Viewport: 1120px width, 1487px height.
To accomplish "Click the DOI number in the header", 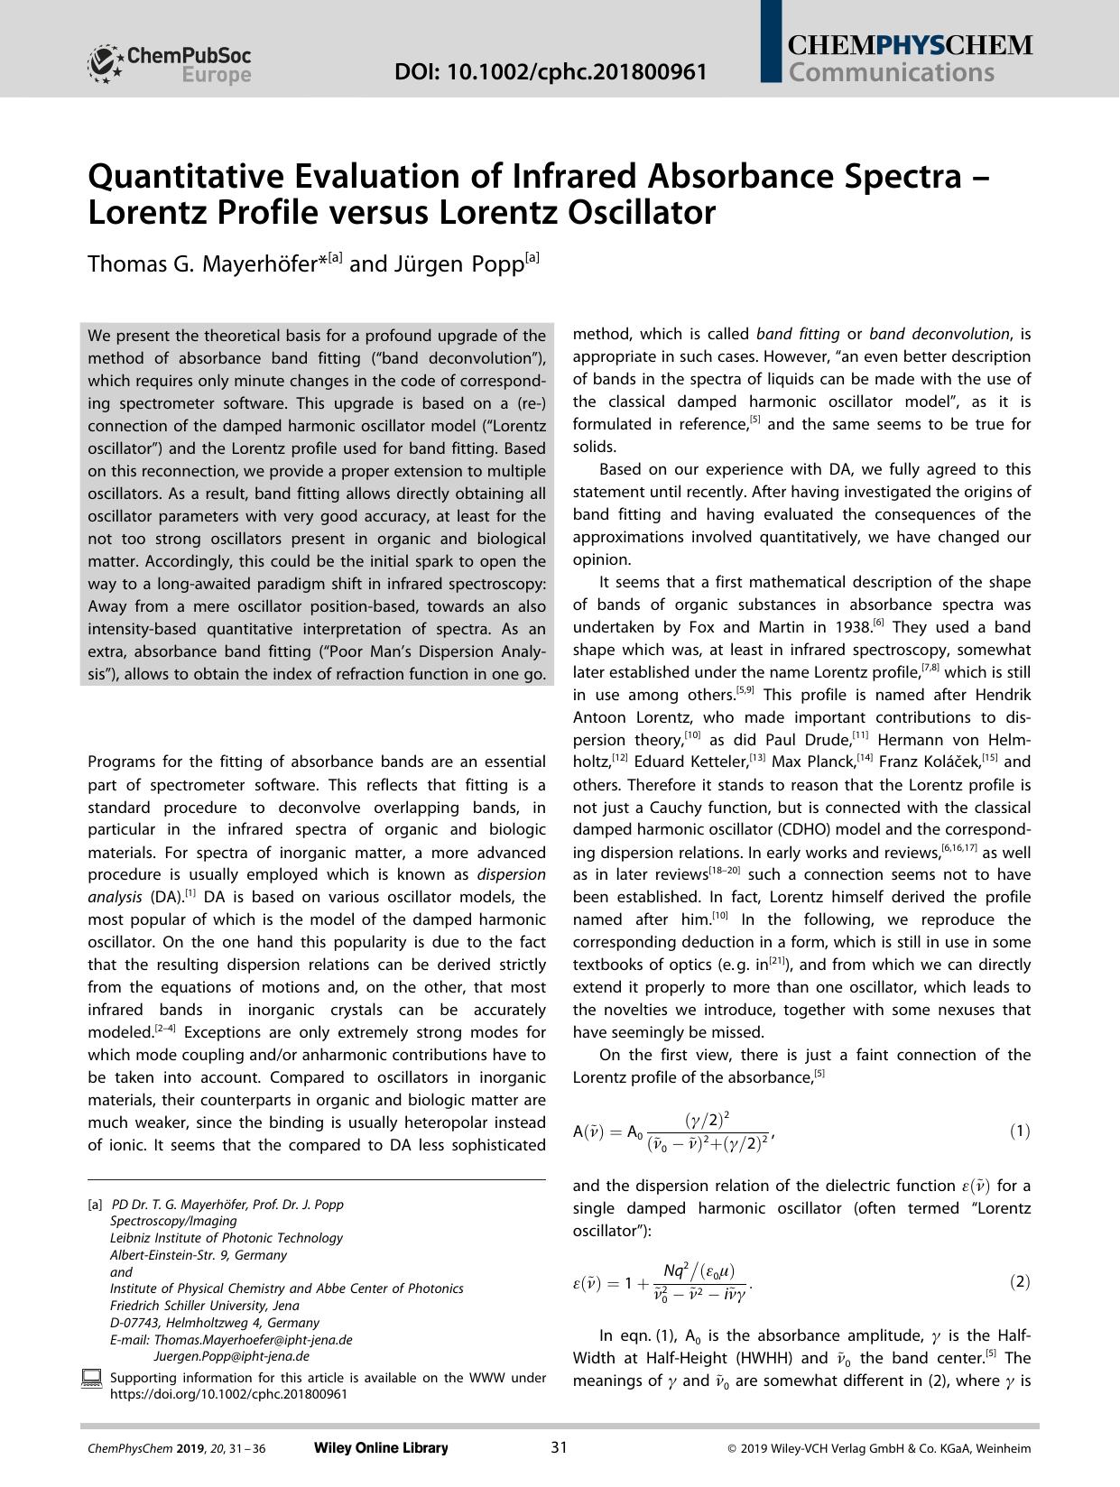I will pyautogui.click(x=551, y=71).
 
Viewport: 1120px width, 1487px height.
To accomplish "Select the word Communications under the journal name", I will pyautogui.click(x=891, y=73).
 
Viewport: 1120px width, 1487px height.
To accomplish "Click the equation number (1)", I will pyautogui.click(x=1019, y=1131).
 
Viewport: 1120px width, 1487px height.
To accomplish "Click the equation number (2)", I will pyautogui.click(x=1019, y=1281).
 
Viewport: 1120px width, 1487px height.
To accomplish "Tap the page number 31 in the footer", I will pyautogui.click(x=559, y=1448).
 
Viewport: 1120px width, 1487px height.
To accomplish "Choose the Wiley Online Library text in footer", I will pyautogui.click(x=381, y=1448).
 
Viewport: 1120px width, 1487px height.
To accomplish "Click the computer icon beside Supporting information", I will pyautogui.click(x=92, y=1378).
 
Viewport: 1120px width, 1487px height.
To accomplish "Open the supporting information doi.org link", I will pyautogui.click(x=228, y=1393).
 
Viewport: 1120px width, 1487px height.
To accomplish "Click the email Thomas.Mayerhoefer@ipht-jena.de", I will pyautogui.click(x=253, y=1339).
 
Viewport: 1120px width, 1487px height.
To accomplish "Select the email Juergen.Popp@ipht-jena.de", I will pyautogui.click(x=232, y=1355).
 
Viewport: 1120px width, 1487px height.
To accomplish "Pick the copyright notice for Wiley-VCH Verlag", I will pyautogui.click(x=879, y=1449).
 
